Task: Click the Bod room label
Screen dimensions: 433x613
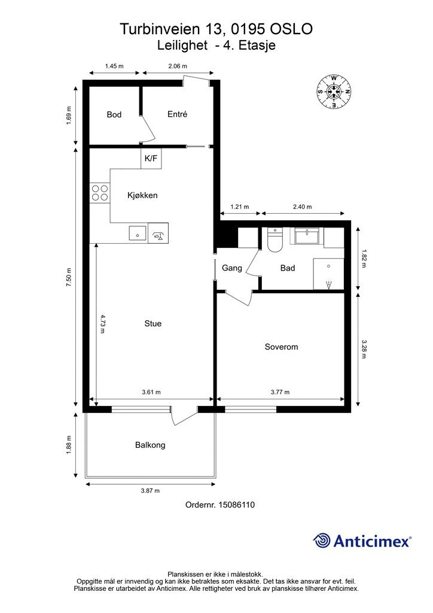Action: tap(114, 114)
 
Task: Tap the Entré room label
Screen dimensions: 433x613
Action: tap(177, 114)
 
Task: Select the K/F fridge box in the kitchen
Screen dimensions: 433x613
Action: tap(151, 158)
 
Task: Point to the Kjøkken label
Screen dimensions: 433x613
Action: tap(142, 195)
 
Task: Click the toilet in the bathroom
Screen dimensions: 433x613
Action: tap(275, 239)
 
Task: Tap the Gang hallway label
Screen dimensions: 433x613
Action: tap(232, 268)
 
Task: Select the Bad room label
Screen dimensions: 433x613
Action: tap(288, 268)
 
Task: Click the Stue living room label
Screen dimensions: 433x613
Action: tap(153, 323)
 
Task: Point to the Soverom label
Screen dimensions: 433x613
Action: tap(281, 347)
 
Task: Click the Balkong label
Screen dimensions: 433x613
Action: tap(150, 445)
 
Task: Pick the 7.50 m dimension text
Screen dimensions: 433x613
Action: tap(69, 278)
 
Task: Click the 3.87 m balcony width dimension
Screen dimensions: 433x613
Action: tap(150, 491)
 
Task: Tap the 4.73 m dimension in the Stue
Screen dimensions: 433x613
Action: tap(102, 324)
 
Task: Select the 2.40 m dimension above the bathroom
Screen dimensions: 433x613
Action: tap(302, 207)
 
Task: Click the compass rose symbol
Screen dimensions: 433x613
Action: tap(334, 92)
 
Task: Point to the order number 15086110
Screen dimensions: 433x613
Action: tap(236, 505)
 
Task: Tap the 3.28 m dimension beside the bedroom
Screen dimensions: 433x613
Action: tap(364, 349)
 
